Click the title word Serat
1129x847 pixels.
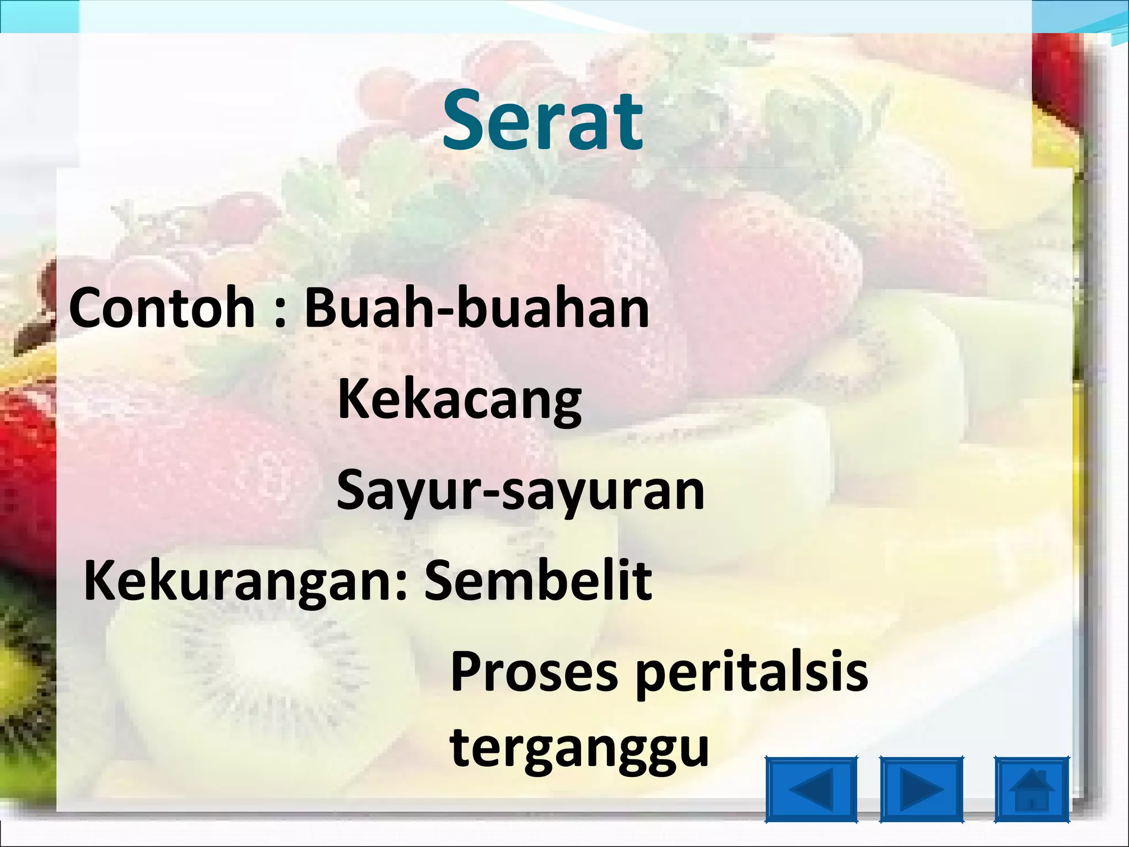(542, 121)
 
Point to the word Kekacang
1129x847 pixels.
(459, 400)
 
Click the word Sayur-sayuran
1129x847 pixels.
(520, 491)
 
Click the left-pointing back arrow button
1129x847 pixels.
(811, 790)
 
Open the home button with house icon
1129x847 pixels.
(1031, 790)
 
